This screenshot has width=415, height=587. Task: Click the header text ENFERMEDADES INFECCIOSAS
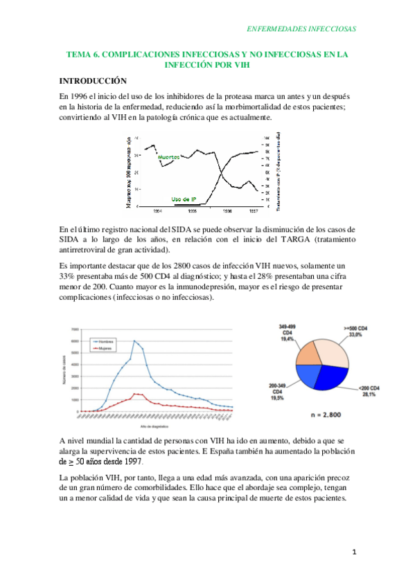click(x=301, y=29)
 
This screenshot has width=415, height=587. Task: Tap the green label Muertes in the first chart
click(x=168, y=158)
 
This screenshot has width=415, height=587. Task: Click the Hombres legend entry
click(x=105, y=342)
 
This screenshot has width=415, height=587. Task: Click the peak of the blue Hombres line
click(x=134, y=341)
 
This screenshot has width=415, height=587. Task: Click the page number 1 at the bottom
click(x=353, y=552)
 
